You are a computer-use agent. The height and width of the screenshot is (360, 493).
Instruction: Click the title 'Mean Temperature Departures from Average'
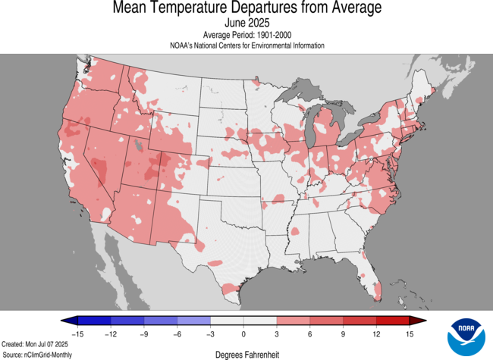246,8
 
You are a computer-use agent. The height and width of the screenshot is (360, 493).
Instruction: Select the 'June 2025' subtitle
246,23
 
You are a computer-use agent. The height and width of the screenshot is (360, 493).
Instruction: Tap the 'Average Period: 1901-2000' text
246,36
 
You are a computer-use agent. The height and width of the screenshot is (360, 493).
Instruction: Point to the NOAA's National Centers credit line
246,45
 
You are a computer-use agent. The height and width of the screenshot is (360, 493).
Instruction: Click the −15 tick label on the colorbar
77,333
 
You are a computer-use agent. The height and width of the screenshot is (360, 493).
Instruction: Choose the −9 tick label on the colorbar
143,333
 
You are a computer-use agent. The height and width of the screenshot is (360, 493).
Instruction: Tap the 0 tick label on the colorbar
243,333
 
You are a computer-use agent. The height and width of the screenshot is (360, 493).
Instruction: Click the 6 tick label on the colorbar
310,333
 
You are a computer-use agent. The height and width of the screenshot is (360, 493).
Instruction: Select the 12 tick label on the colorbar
377,333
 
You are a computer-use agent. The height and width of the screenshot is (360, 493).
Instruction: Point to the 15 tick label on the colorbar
410,333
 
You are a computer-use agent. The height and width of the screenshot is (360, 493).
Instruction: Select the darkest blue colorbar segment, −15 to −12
93,321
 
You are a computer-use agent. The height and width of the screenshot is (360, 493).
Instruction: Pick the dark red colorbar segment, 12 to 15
394,321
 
